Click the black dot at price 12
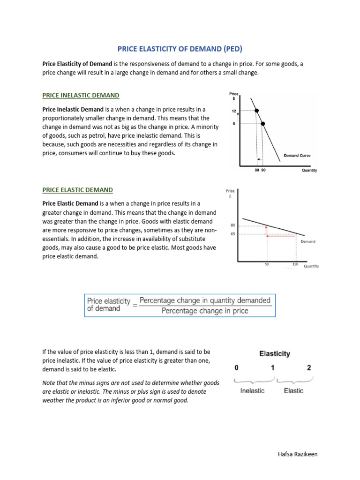pos(256,111)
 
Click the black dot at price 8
pos(262,124)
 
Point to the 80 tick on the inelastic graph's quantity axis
pos(257,170)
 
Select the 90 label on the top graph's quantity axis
pos(263,170)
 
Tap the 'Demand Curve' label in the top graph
pos(297,155)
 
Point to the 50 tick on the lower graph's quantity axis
pos(267,264)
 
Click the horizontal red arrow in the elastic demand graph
pos(281,236)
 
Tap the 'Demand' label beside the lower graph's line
pos(308,241)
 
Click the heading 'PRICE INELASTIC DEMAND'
pos(81,95)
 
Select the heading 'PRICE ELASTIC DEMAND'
pos(77,190)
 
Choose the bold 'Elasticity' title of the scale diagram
pos(275,354)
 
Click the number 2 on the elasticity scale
pos(309,367)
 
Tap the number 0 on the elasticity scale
pos(238,367)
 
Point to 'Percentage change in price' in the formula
pos(205,310)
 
